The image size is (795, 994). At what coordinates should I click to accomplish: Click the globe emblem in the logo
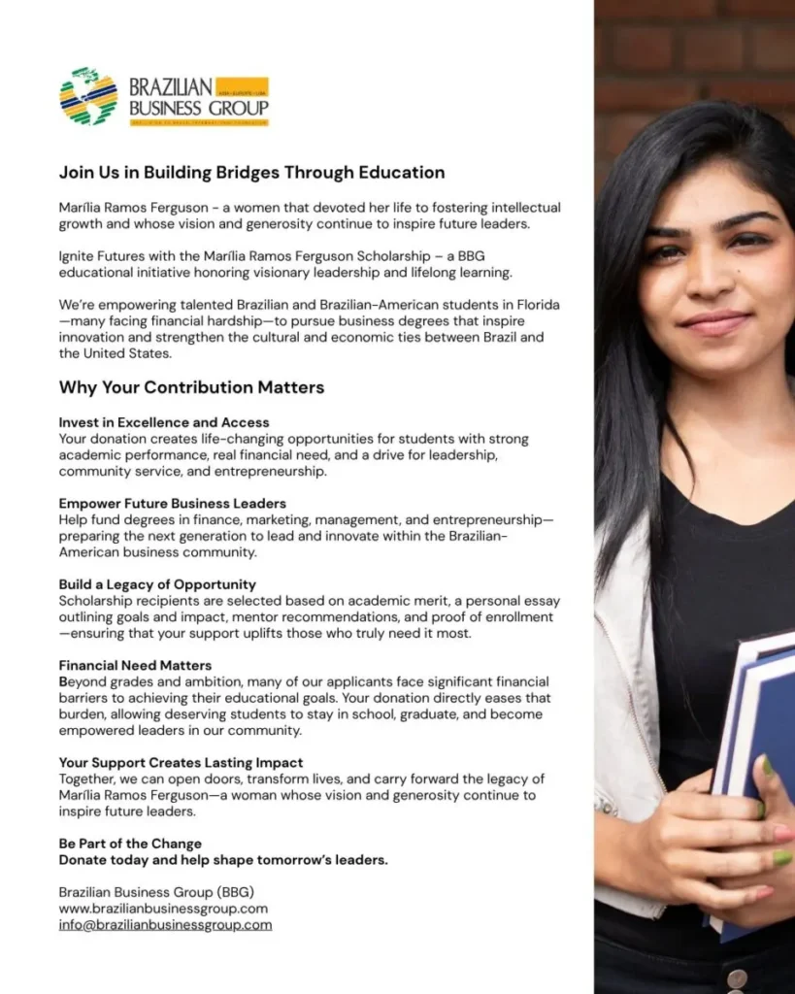point(88,96)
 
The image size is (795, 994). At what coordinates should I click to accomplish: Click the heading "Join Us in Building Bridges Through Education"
point(251,173)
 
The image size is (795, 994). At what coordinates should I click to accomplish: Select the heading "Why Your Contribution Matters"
point(191,387)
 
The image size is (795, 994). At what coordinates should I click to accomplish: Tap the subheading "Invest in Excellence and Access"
point(164,422)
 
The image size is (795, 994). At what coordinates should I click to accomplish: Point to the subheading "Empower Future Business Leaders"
point(172,503)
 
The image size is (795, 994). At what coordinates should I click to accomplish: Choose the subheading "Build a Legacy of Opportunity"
point(157,584)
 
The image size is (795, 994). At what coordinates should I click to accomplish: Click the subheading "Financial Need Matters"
point(135,666)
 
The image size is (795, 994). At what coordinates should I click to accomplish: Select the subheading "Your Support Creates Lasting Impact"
point(181,762)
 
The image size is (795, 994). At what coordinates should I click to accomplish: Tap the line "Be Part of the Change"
point(130,844)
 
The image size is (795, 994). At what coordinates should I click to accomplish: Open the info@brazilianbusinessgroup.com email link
point(165,925)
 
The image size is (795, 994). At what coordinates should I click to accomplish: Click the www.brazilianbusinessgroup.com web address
point(163,909)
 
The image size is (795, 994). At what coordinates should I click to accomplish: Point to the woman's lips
point(715,322)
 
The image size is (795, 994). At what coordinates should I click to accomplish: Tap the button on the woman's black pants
point(738,978)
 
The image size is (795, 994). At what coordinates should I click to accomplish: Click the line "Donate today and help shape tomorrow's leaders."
point(223,860)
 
